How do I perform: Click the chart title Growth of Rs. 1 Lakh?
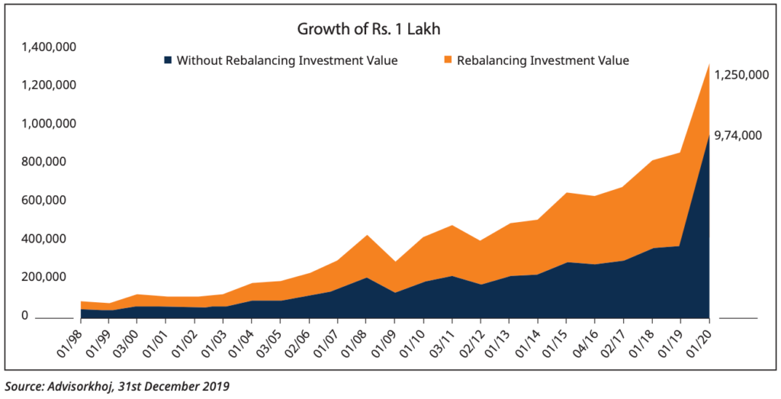pyautogui.click(x=369, y=31)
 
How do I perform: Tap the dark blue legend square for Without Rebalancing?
pyautogui.click(x=167, y=60)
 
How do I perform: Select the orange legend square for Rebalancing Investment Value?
pyautogui.click(x=448, y=60)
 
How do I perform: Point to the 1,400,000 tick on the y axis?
pyautogui.click(x=48, y=47)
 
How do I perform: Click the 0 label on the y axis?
pyautogui.click(x=24, y=315)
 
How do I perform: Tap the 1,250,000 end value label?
pyautogui.click(x=740, y=75)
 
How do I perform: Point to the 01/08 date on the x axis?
pyautogui.click(x=360, y=341)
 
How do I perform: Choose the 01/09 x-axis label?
pyautogui.click(x=389, y=341)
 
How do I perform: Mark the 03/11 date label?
pyautogui.click(x=446, y=341)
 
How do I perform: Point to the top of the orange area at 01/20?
pyautogui.click(x=710, y=64)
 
